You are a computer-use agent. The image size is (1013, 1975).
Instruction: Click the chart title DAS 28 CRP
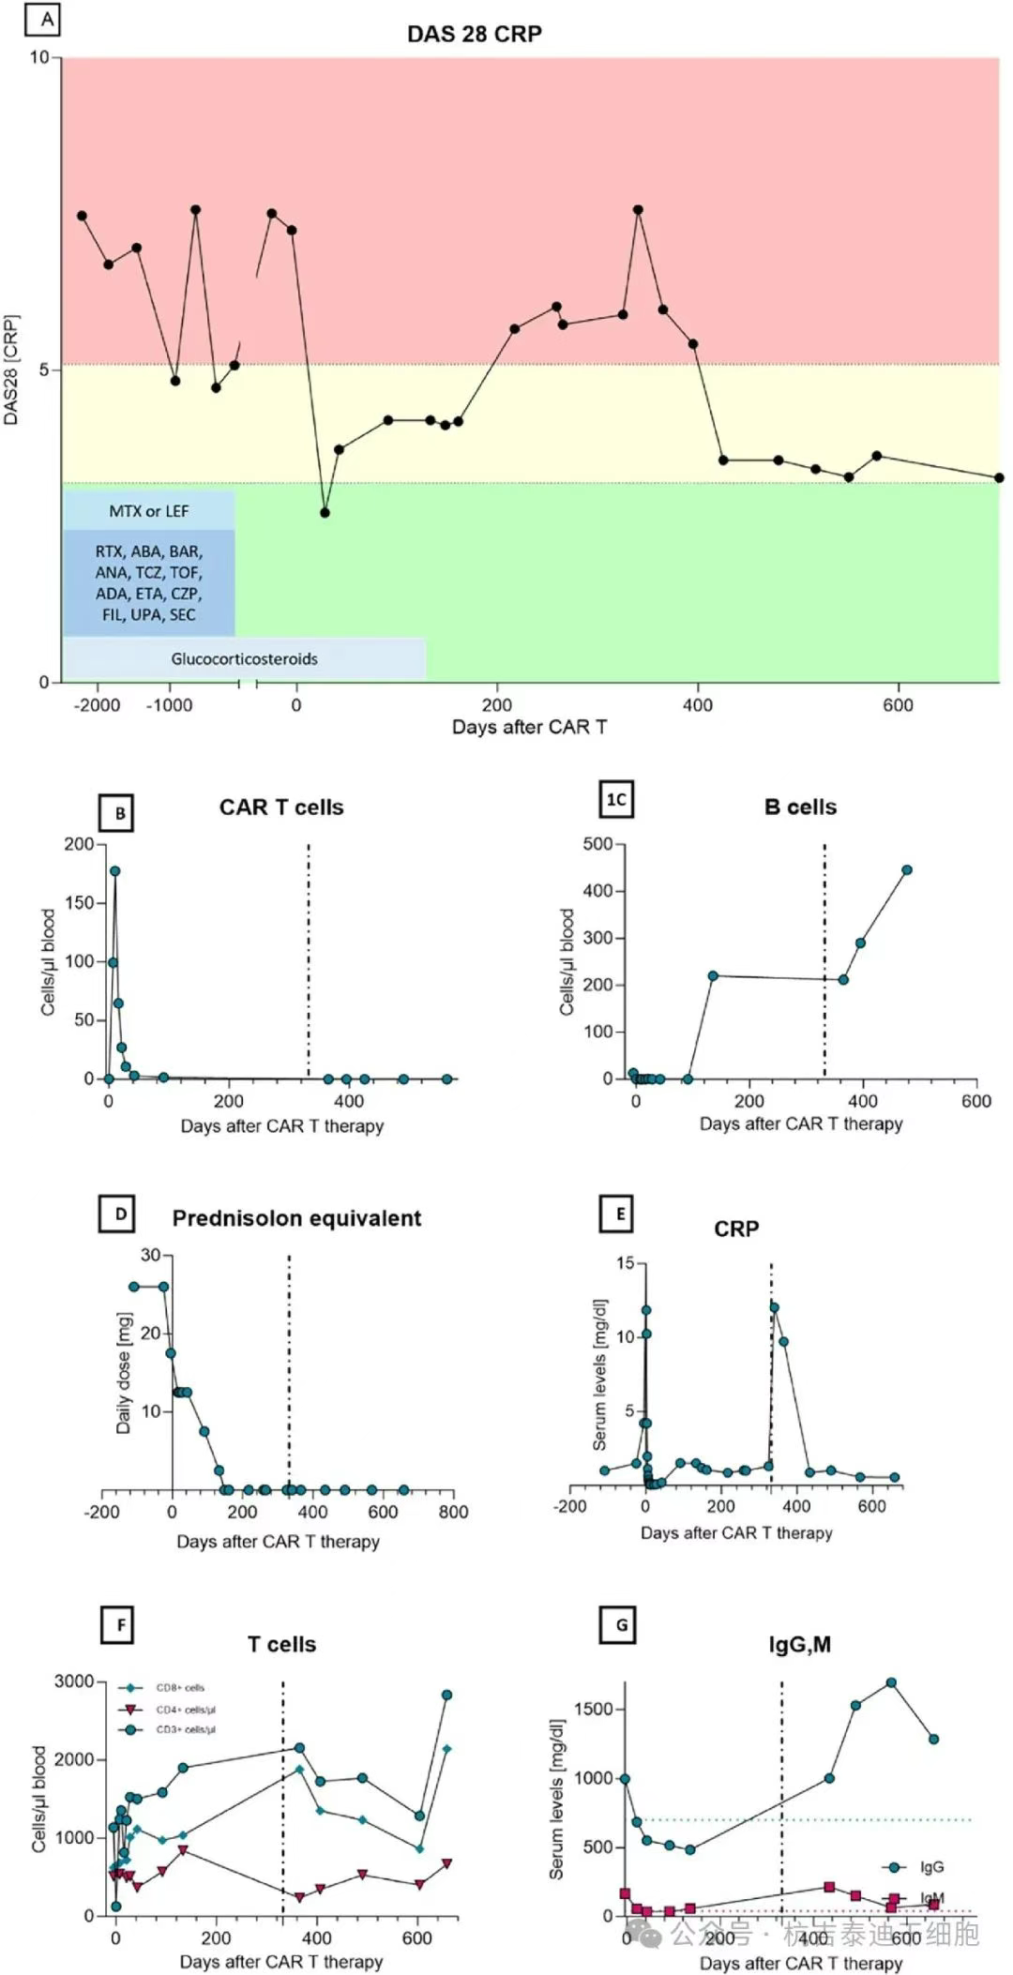474,34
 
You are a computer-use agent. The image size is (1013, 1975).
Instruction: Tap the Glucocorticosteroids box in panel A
244,658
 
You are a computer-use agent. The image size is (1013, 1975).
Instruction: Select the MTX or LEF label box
148,511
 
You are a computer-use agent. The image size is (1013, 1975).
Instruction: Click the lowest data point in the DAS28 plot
325,513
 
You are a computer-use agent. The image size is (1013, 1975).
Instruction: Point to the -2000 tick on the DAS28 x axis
97,705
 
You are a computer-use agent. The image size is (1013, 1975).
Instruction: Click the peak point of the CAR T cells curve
115,871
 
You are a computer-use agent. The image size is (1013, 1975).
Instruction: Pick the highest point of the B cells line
907,870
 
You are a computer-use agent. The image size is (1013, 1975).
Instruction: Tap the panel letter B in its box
120,813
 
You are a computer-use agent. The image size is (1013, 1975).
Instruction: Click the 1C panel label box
616,799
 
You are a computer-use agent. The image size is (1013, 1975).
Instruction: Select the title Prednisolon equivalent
296,1218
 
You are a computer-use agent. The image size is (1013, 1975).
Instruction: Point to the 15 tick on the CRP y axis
625,1263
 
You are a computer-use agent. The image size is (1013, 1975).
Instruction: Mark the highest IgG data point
891,1682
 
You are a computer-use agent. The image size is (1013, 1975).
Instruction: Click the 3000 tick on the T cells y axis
73,1681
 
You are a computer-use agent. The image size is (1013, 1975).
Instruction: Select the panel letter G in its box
621,1625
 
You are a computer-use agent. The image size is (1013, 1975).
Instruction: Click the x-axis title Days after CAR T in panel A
529,727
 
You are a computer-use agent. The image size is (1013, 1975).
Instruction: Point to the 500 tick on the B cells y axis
597,844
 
